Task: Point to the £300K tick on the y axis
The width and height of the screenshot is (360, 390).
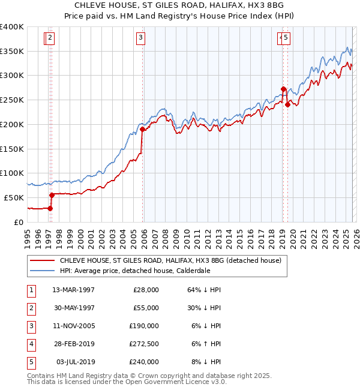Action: click(x=12, y=76)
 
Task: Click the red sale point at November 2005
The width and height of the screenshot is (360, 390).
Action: click(x=142, y=129)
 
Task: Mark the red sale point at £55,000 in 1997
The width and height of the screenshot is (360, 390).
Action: click(x=52, y=195)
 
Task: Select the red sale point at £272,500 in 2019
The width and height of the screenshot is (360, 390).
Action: click(x=283, y=89)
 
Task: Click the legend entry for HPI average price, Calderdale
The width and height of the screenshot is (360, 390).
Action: click(x=134, y=271)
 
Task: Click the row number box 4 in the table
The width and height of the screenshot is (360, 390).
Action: click(x=30, y=344)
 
